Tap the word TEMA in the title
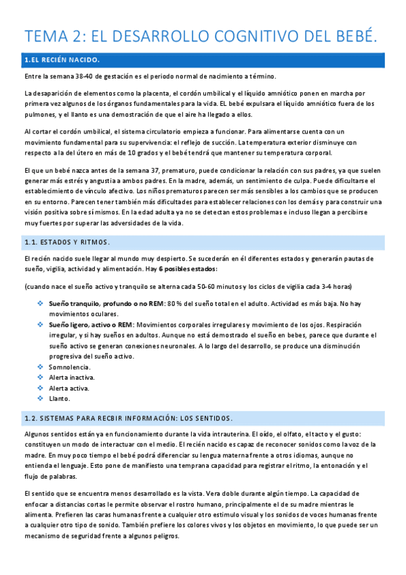pyautogui.click(x=49, y=35)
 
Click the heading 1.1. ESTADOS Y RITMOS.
pyautogui.click(x=66, y=242)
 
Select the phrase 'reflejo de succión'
pyautogui.click(x=205, y=142)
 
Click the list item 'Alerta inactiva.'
pyautogui.click(x=71, y=377)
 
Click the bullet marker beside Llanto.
pyautogui.click(x=40, y=399)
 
